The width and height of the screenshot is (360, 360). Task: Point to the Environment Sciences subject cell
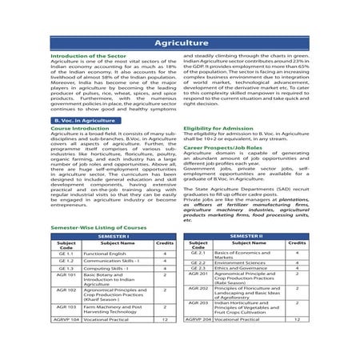[236, 262]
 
